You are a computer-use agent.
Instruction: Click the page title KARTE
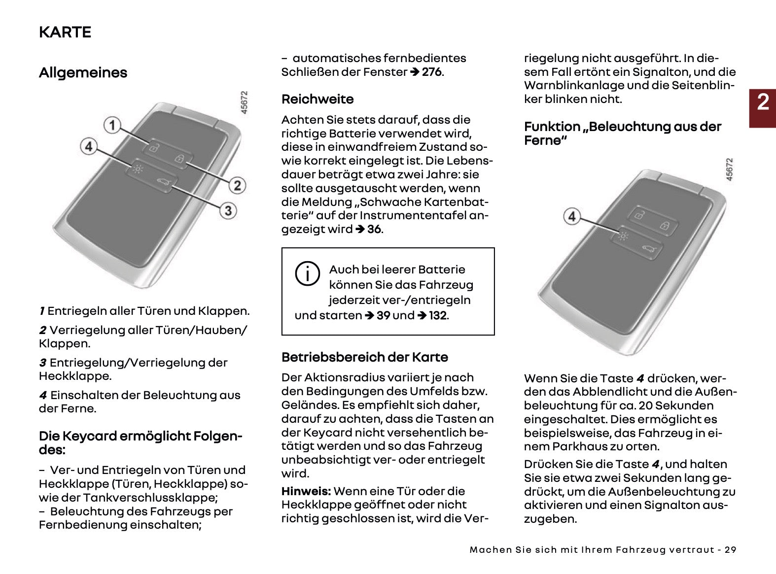pos(65,32)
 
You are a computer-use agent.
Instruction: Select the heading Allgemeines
pos(83,73)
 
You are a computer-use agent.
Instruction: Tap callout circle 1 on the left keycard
pos(112,125)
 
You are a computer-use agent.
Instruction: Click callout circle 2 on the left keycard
pos(237,185)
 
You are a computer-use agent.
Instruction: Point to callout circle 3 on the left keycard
pos(228,210)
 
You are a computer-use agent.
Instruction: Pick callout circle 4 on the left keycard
pos(89,146)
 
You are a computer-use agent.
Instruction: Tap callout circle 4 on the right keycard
pos(572,216)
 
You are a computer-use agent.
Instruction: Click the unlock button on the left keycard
pos(154,148)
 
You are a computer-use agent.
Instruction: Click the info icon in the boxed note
pos(308,273)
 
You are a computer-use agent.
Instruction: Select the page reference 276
pos(432,72)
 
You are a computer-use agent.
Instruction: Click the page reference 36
pos(374,230)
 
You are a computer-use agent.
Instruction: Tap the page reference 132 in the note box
pos(438,315)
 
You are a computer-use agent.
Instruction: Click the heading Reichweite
pos(317,100)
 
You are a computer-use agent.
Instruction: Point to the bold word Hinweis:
pos(306,491)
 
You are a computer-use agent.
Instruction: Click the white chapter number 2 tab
pos(763,102)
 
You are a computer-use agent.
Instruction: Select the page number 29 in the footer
pos(731,550)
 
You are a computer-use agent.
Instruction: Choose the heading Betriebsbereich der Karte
pos(365,357)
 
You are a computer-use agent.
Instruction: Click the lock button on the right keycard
pos(665,226)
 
